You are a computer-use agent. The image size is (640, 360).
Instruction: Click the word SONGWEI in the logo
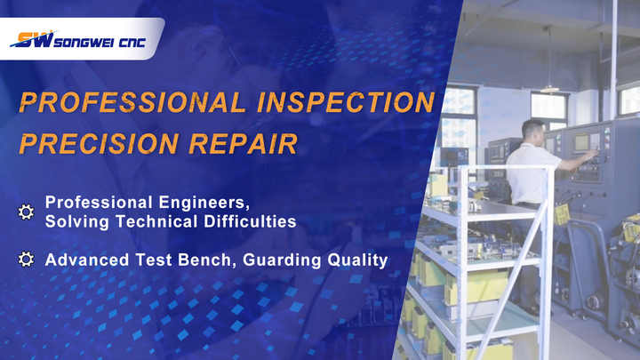(x=84, y=43)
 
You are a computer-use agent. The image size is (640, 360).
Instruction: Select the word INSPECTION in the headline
(x=346, y=102)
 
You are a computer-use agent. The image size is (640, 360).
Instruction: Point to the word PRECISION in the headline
(x=99, y=144)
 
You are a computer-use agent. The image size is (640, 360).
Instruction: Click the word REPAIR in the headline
(x=244, y=144)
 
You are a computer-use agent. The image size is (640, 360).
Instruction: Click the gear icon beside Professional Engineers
(x=26, y=212)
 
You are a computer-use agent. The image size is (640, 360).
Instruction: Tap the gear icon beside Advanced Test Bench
(x=26, y=260)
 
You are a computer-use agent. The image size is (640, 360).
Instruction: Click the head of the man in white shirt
(x=533, y=130)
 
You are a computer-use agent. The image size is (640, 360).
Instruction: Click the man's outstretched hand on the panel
(x=591, y=155)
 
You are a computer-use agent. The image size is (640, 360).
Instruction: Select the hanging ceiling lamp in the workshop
(x=550, y=89)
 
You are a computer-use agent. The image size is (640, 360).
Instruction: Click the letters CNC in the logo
(x=132, y=43)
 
